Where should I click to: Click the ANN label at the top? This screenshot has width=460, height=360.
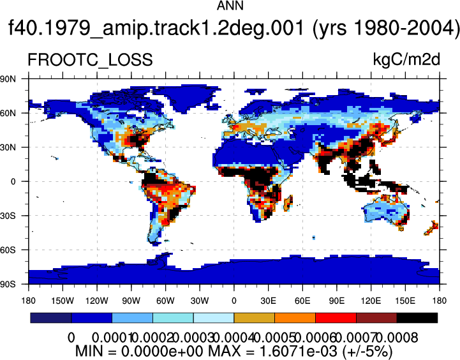click(x=230, y=6)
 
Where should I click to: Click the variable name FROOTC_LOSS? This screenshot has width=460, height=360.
click(x=90, y=60)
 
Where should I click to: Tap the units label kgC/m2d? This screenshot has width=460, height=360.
click(x=406, y=59)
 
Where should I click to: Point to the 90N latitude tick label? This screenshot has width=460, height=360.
click(x=8, y=79)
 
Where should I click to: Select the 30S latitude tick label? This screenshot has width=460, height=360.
click(x=8, y=216)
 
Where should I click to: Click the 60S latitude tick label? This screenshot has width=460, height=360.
click(x=8, y=250)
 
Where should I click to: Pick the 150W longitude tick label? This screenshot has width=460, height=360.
click(x=63, y=301)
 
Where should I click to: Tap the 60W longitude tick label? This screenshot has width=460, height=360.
click(x=165, y=301)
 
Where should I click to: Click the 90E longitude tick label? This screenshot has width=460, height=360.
click(x=337, y=301)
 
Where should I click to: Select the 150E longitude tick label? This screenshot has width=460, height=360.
click(x=405, y=301)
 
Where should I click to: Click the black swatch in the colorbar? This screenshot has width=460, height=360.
click(x=417, y=318)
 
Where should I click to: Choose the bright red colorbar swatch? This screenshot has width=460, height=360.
click(x=336, y=318)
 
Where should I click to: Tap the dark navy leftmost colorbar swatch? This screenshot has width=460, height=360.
click(x=51, y=318)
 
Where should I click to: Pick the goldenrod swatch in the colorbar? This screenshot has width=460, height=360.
click(x=255, y=318)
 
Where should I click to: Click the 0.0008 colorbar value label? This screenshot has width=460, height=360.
click(x=397, y=338)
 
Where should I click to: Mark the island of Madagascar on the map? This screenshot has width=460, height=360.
click(x=288, y=203)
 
